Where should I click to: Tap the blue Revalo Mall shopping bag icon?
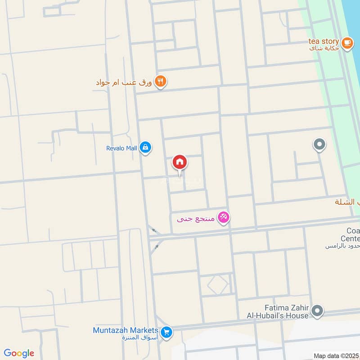coord(145,147)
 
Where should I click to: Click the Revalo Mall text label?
coord(121,147)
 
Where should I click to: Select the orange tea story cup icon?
coord(346,43)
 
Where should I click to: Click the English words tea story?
coord(324,41)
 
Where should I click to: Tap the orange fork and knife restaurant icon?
coord(161,82)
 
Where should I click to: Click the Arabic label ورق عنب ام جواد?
coord(124,82)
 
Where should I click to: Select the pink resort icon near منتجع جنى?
coord(223,218)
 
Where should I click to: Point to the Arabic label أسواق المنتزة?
coord(137,338)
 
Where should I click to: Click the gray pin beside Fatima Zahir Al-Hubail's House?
coord(318,310)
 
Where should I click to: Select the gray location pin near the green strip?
coord(319,144)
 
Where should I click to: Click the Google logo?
coord(19,353)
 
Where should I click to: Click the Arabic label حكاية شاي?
coord(325,49)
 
